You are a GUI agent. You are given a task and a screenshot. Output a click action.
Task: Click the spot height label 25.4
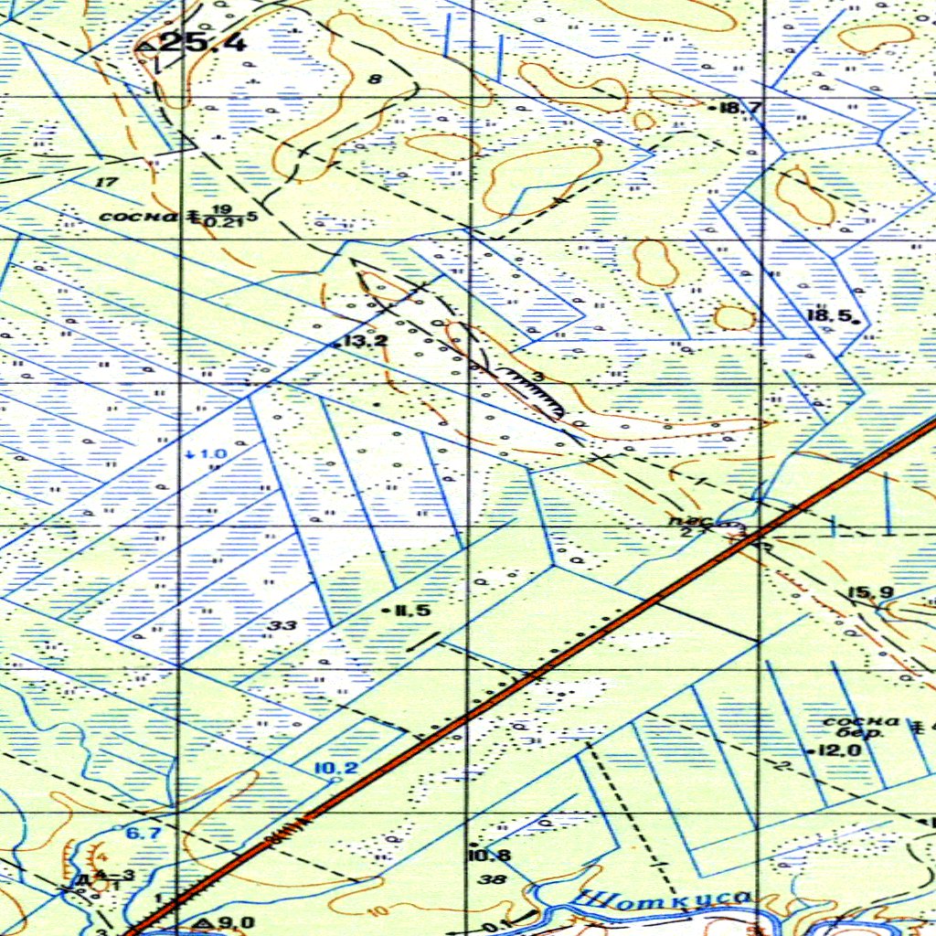(203, 41)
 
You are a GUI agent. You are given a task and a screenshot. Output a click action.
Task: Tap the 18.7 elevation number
(741, 108)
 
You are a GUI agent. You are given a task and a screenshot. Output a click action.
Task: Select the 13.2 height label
(347, 341)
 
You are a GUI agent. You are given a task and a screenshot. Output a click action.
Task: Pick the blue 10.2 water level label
(335, 768)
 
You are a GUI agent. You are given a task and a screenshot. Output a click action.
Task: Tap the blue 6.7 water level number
(143, 833)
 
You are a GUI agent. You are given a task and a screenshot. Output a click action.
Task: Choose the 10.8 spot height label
(488, 856)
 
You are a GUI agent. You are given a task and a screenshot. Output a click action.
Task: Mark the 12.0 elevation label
(841, 750)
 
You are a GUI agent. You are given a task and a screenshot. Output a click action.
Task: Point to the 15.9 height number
(870, 593)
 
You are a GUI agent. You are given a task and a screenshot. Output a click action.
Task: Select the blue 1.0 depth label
(210, 454)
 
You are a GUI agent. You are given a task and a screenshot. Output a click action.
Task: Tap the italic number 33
(283, 625)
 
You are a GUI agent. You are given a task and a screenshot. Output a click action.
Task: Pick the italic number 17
(107, 182)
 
